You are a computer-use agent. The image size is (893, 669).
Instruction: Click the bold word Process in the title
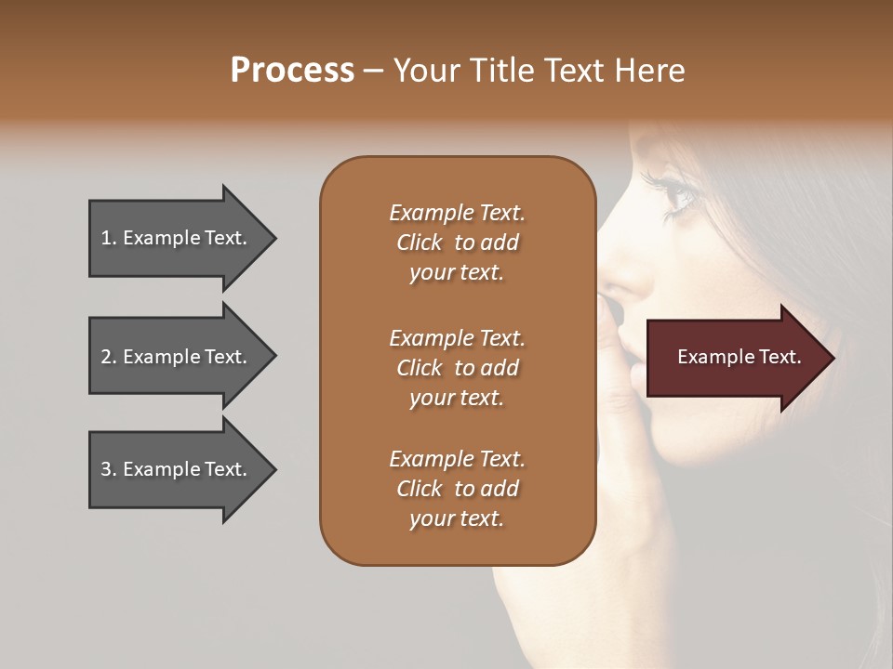[x=292, y=71]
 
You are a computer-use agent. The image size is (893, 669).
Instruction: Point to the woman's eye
[x=678, y=194]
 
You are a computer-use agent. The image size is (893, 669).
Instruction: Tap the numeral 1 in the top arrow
[x=105, y=238]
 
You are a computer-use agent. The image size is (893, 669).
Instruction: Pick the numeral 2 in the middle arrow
[x=106, y=357]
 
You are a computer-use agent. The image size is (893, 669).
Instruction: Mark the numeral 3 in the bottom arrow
[x=106, y=469]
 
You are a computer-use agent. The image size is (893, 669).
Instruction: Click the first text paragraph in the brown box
[x=457, y=243]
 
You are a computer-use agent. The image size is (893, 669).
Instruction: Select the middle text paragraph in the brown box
[x=457, y=368]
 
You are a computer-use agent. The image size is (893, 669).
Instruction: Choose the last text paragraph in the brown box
[x=457, y=489]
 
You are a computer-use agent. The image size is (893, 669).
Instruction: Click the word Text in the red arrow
[x=780, y=357]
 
